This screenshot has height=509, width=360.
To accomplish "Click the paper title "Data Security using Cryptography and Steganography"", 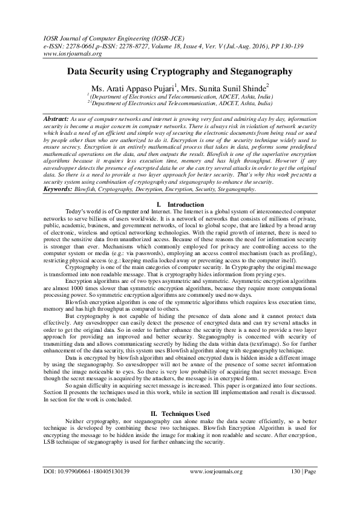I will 180,71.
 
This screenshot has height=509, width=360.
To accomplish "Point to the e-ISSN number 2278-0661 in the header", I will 72,45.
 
